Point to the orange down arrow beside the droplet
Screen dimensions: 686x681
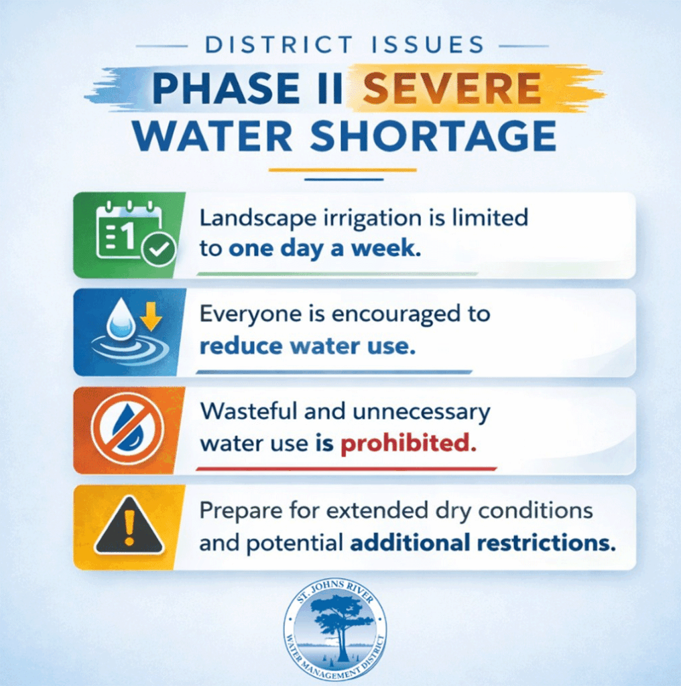coord(151,316)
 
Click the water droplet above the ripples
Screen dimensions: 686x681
coord(121,318)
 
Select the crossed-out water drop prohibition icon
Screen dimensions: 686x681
coord(128,429)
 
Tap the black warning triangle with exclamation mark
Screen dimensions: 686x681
coord(129,527)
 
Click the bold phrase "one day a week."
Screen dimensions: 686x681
coord(325,248)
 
